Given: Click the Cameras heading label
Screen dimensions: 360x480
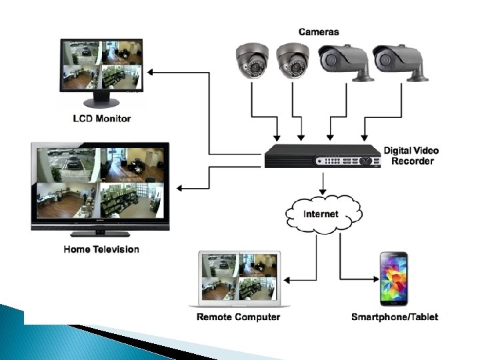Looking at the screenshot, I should [x=319, y=31].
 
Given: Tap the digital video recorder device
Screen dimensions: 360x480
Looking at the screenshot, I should [x=321, y=158].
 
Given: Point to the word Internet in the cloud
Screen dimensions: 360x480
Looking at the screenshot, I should [x=321, y=214].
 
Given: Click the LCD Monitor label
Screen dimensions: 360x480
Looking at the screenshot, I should [x=101, y=119].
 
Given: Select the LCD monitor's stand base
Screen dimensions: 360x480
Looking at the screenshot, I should [x=101, y=103].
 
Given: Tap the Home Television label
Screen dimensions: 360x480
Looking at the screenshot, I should [x=101, y=249].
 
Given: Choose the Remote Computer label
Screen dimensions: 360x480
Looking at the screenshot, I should [x=238, y=317].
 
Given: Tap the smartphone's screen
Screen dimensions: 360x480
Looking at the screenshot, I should [x=394, y=279].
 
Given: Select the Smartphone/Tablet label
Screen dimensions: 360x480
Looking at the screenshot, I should [x=395, y=317].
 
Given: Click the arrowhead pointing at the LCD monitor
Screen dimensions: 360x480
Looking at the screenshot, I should [x=151, y=71].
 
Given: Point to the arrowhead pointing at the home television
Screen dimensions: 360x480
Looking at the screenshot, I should [x=180, y=188].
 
